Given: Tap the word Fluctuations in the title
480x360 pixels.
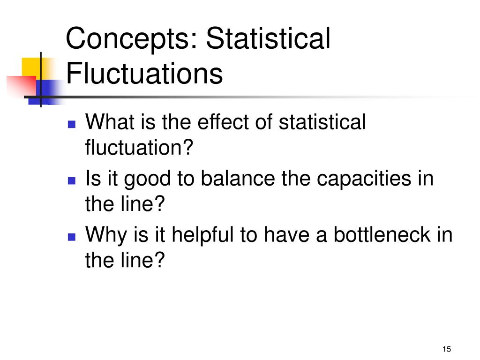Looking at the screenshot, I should [x=144, y=74].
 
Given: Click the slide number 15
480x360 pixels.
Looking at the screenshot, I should [x=446, y=349].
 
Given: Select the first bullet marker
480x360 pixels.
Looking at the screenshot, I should [x=72, y=125].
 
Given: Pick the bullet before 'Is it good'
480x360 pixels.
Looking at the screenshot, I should [x=72, y=181].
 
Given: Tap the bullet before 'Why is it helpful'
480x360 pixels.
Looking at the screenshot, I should [x=72, y=237].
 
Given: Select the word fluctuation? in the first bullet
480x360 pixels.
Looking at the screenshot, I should [x=139, y=149].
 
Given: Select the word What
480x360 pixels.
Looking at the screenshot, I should [x=109, y=123].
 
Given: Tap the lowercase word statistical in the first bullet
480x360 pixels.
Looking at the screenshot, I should [x=322, y=123].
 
